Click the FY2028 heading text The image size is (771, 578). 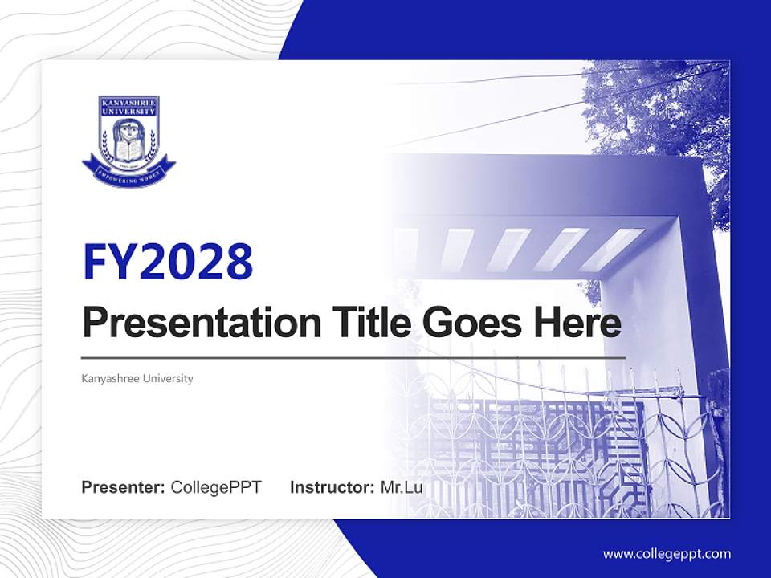click(x=168, y=262)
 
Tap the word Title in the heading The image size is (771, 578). click(x=362, y=323)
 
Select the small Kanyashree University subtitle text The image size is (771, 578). click(x=137, y=378)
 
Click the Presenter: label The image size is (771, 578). click(x=124, y=487)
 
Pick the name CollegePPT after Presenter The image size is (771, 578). click(x=216, y=487)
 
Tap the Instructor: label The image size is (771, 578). click(x=332, y=487)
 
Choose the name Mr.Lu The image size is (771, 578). click(x=402, y=487)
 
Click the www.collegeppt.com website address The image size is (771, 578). click(x=667, y=553)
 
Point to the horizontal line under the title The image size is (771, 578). click(x=353, y=356)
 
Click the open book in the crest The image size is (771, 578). click(x=128, y=149)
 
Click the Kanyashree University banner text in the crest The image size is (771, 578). click(x=128, y=105)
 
